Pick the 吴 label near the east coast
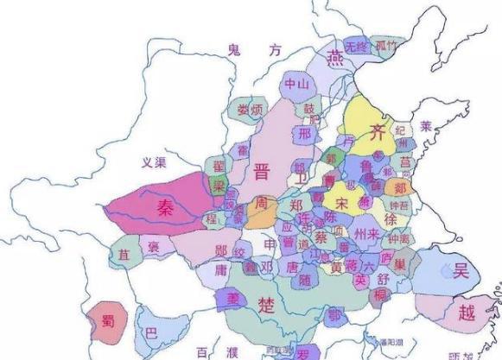point(460,270)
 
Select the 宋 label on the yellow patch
point(342,205)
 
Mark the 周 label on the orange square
point(261,205)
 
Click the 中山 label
point(295,84)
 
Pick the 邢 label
point(303,135)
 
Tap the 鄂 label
point(334,314)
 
